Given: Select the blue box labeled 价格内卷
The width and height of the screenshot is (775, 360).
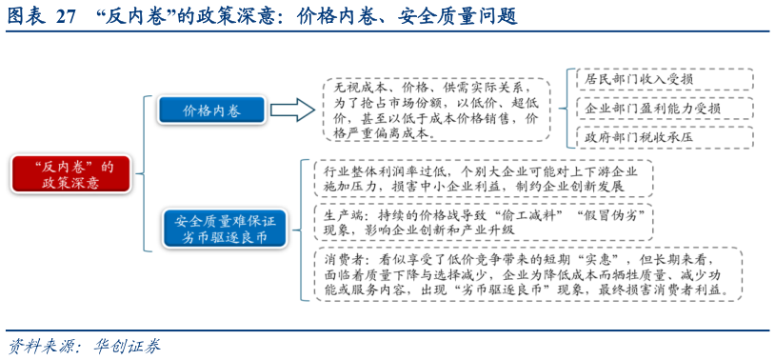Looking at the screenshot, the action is click(x=211, y=110).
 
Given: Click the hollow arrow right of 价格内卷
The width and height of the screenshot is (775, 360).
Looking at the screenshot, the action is click(x=292, y=110).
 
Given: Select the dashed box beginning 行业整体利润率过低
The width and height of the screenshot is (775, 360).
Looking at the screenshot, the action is click(x=482, y=180).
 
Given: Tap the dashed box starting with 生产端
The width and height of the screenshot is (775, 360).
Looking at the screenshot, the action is click(x=482, y=223).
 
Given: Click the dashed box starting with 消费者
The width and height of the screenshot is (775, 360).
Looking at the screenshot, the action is click(x=522, y=274).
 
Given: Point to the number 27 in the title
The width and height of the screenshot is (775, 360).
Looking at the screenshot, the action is click(x=66, y=16).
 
